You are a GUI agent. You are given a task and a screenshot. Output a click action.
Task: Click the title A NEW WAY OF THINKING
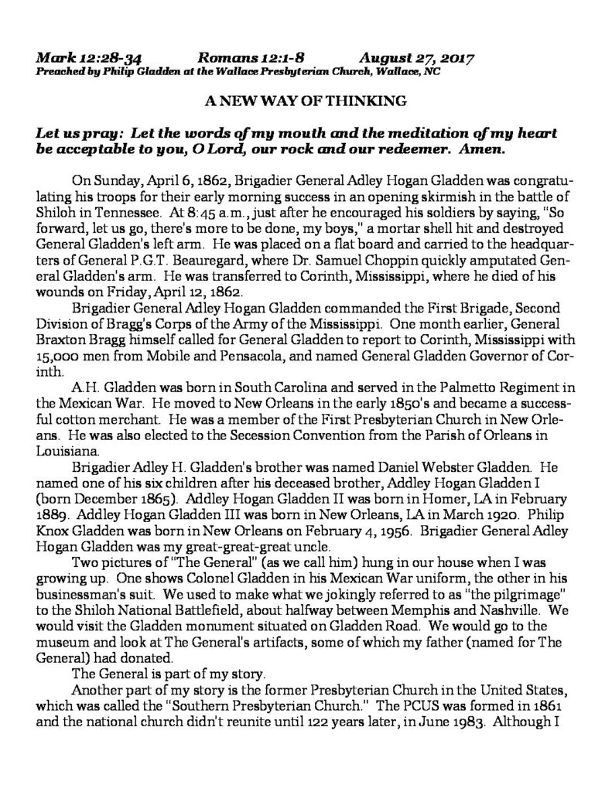306,101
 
